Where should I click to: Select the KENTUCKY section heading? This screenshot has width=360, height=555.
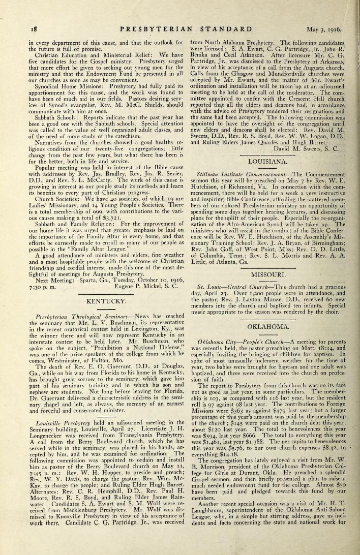click(106, 302)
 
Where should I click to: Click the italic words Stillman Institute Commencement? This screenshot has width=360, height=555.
click(237, 173)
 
